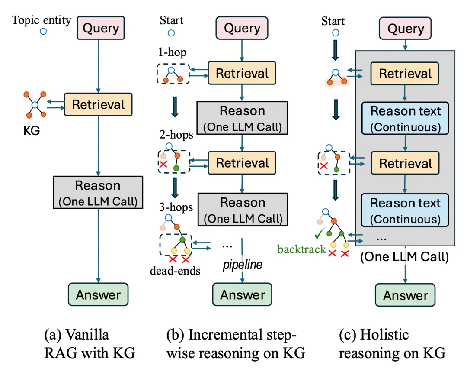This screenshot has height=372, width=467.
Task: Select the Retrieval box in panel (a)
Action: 98,104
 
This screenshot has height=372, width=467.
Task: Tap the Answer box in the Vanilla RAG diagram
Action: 98,295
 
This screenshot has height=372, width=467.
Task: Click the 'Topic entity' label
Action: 42,20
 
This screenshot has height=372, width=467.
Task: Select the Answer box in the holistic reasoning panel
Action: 405,295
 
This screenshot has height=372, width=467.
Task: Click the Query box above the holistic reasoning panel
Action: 405,29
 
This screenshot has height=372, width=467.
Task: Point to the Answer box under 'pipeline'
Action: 243,295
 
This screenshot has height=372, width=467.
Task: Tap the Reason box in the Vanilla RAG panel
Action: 98,192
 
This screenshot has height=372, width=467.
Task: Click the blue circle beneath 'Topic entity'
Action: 43,31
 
